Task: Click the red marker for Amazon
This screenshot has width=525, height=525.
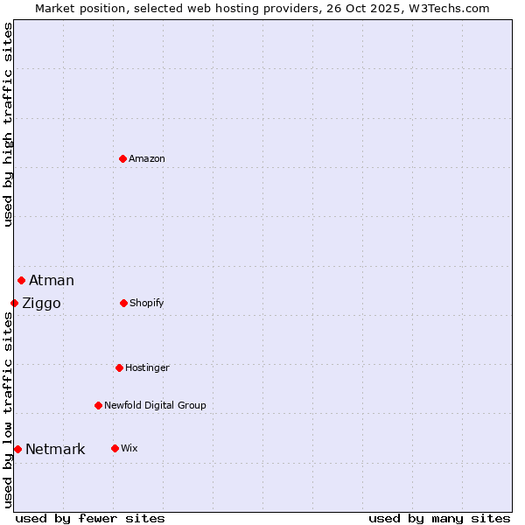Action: point(122,158)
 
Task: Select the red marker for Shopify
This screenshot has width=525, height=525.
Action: point(123,303)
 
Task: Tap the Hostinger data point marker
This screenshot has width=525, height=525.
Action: point(119,367)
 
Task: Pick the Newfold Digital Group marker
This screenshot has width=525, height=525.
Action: point(98,405)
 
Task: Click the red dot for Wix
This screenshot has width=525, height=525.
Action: point(115,448)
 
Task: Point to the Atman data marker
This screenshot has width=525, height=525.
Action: point(21,280)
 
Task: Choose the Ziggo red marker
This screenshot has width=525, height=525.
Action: point(14,303)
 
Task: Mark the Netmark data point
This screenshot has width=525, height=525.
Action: point(17,449)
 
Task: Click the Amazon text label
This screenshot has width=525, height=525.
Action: point(147,158)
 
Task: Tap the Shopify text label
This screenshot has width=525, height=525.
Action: point(147,303)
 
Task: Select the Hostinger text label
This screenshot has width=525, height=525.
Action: point(147,367)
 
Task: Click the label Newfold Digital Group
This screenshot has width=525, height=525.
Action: point(155,405)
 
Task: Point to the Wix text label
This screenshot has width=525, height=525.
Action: point(129,448)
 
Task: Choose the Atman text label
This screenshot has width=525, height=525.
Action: point(52,280)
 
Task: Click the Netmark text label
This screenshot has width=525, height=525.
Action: point(55,450)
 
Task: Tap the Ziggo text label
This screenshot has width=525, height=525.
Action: point(41,304)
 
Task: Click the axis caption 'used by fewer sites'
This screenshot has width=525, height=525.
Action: point(90,518)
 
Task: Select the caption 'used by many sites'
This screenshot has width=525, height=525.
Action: point(439,518)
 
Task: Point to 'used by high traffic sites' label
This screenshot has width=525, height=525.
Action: point(9,124)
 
